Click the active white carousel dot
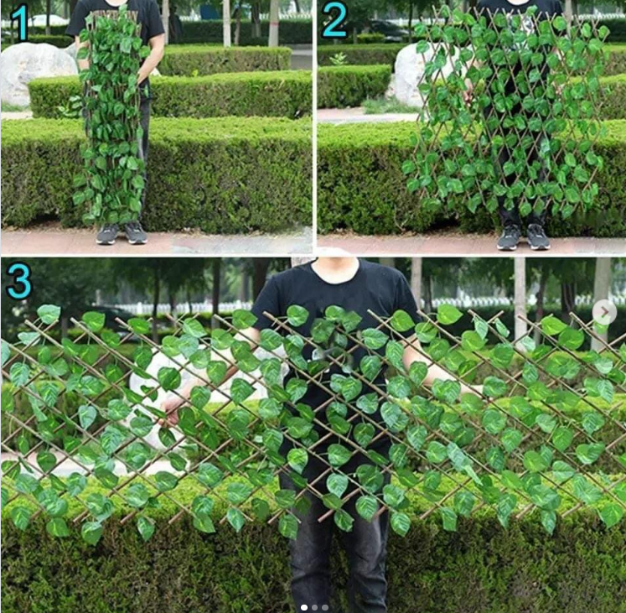[x=304, y=606]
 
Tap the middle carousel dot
[x=314, y=606]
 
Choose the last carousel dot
[x=324, y=606]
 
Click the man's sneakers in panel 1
[x=121, y=233]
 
